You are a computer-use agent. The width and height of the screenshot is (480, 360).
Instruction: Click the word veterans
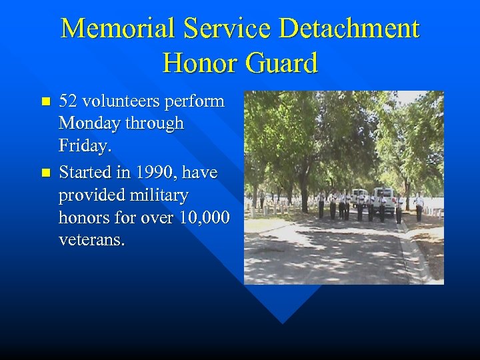click(x=91, y=240)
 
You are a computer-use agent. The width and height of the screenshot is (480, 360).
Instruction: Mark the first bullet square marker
click(x=45, y=102)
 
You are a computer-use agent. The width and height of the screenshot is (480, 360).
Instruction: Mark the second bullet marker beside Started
click(x=45, y=173)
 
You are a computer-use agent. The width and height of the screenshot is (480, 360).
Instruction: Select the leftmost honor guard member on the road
click(x=321, y=205)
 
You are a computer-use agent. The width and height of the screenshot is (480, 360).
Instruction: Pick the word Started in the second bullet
click(x=85, y=172)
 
